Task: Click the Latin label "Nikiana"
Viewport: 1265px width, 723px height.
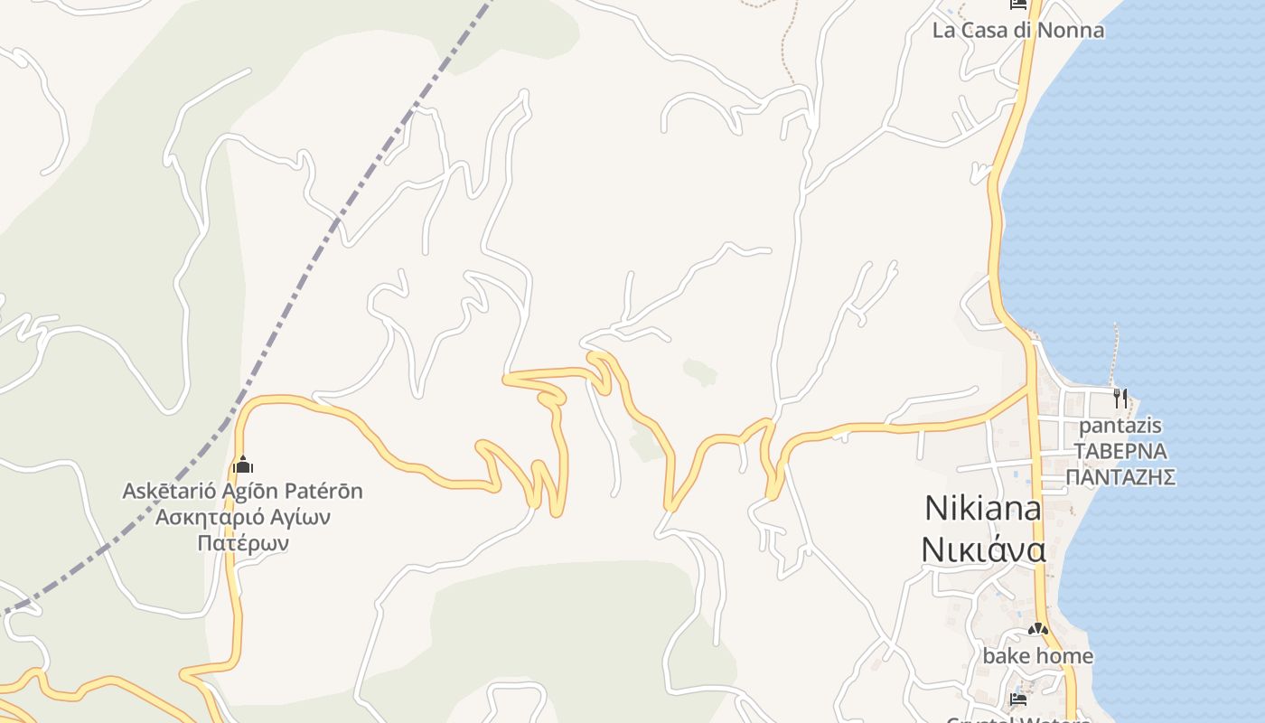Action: [982, 508]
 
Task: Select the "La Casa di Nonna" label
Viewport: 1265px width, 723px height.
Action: [1017, 30]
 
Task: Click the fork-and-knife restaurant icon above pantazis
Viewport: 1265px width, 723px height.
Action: [1120, 398]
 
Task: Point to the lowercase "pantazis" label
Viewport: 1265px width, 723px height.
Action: [1120, 425]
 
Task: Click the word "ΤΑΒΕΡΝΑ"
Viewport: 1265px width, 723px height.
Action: [1120, 451]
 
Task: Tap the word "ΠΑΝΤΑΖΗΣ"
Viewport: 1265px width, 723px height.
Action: [1120, 476]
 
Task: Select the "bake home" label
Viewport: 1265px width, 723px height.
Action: [1037, 656]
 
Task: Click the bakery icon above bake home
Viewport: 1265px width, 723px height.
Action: [1037, 629]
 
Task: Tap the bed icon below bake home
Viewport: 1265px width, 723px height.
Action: [1018, 700]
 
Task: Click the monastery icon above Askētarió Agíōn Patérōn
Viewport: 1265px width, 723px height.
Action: [242, 465]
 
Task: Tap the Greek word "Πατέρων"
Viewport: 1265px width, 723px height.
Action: [242, 543]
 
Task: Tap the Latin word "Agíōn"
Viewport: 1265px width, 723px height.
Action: [251, 492]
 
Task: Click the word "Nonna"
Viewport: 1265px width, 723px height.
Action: [1071, 30]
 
